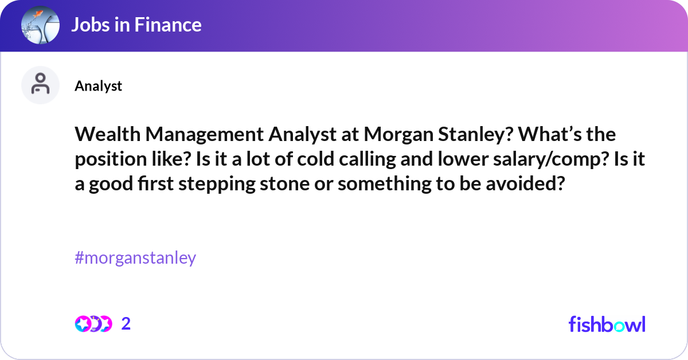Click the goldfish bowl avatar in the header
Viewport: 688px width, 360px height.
40,25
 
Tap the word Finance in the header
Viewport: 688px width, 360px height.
167,25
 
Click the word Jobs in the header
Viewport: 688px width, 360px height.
91,25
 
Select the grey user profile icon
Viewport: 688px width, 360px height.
40,85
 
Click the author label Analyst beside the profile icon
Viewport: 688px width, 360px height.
98,86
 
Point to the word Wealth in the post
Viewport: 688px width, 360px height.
108,134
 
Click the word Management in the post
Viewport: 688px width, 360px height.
205,135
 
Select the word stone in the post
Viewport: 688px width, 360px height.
285,183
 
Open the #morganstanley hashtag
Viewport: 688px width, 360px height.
135,258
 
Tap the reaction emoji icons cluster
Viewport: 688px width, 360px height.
93,324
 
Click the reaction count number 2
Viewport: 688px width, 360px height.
126,324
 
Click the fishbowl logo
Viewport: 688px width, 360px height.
607,324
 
